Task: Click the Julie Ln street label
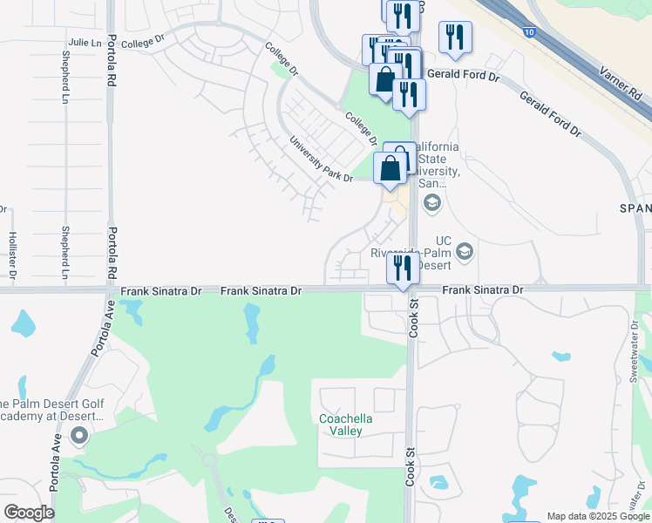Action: (x=85, y=42)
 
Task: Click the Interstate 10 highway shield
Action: (x=531, y=32)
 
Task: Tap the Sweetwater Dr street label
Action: (x=635, y=350)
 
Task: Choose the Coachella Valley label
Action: (x=346, y=425)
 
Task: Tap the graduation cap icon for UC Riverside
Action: (x=465, y=252)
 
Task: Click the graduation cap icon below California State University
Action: (x=431, y=203)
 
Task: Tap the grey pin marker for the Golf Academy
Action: (x=80, y=435)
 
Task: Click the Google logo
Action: (x=29, y=513)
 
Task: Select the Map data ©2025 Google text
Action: (x=598, y=516)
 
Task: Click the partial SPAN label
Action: (x=635, y=208)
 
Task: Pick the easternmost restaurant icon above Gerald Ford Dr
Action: (x=455, y=37)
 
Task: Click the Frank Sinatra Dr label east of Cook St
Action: (x=482, y=289)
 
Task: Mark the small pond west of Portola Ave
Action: (x=24, y=323)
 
